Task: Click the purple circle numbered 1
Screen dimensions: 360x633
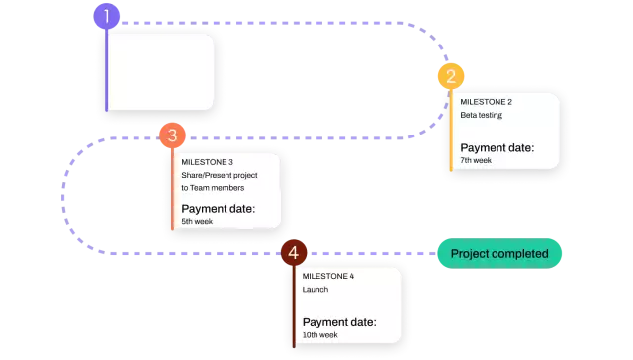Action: pos(106,16)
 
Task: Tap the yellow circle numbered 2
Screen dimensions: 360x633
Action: pos(450,76)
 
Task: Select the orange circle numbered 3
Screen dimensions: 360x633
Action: pos(172,135)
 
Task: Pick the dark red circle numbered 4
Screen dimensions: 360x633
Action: pos(293,253)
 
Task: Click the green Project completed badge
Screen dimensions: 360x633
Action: pos(498,254)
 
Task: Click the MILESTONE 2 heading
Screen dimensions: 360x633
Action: pos(486,101)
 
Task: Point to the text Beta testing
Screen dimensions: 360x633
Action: pos(481,115)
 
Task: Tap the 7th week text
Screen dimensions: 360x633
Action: pos(476,160)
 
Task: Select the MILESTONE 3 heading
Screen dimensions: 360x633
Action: pos(207,161)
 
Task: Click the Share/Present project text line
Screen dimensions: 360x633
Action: pos(219,175)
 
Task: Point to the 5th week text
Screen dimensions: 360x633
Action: pos(196,221)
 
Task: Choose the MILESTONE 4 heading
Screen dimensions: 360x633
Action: pos(327,276)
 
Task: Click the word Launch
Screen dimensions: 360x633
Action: pos(316,290)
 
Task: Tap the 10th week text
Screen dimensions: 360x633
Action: pos(320,335)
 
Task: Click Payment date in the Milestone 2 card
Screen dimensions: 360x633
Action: pos(497,147)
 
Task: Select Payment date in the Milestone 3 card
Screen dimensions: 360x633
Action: pos(218,208)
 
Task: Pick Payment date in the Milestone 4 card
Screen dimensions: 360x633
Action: pos(339,322)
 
